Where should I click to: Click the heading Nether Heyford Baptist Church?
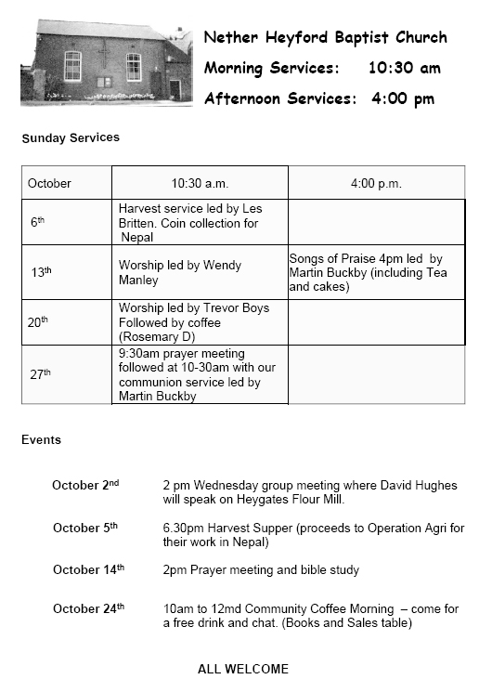tap(325, 38)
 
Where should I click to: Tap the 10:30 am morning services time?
tap(404, 68)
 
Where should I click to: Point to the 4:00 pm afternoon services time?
tap(403, 98)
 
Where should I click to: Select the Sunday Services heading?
tap(71, 137)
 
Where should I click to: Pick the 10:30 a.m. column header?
tap(199, 183)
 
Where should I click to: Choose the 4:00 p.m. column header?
tap(376, 183)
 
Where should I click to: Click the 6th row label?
tap(37, 223)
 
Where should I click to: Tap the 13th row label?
tap(41, 272)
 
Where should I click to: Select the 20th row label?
tap(37, 321)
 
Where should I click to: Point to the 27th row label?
tap(40, 374)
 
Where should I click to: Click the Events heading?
tap(41, 439)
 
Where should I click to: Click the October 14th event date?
tap(88, 569)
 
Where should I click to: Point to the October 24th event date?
tap(88, 608)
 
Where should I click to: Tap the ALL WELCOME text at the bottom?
tap(243, 669)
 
